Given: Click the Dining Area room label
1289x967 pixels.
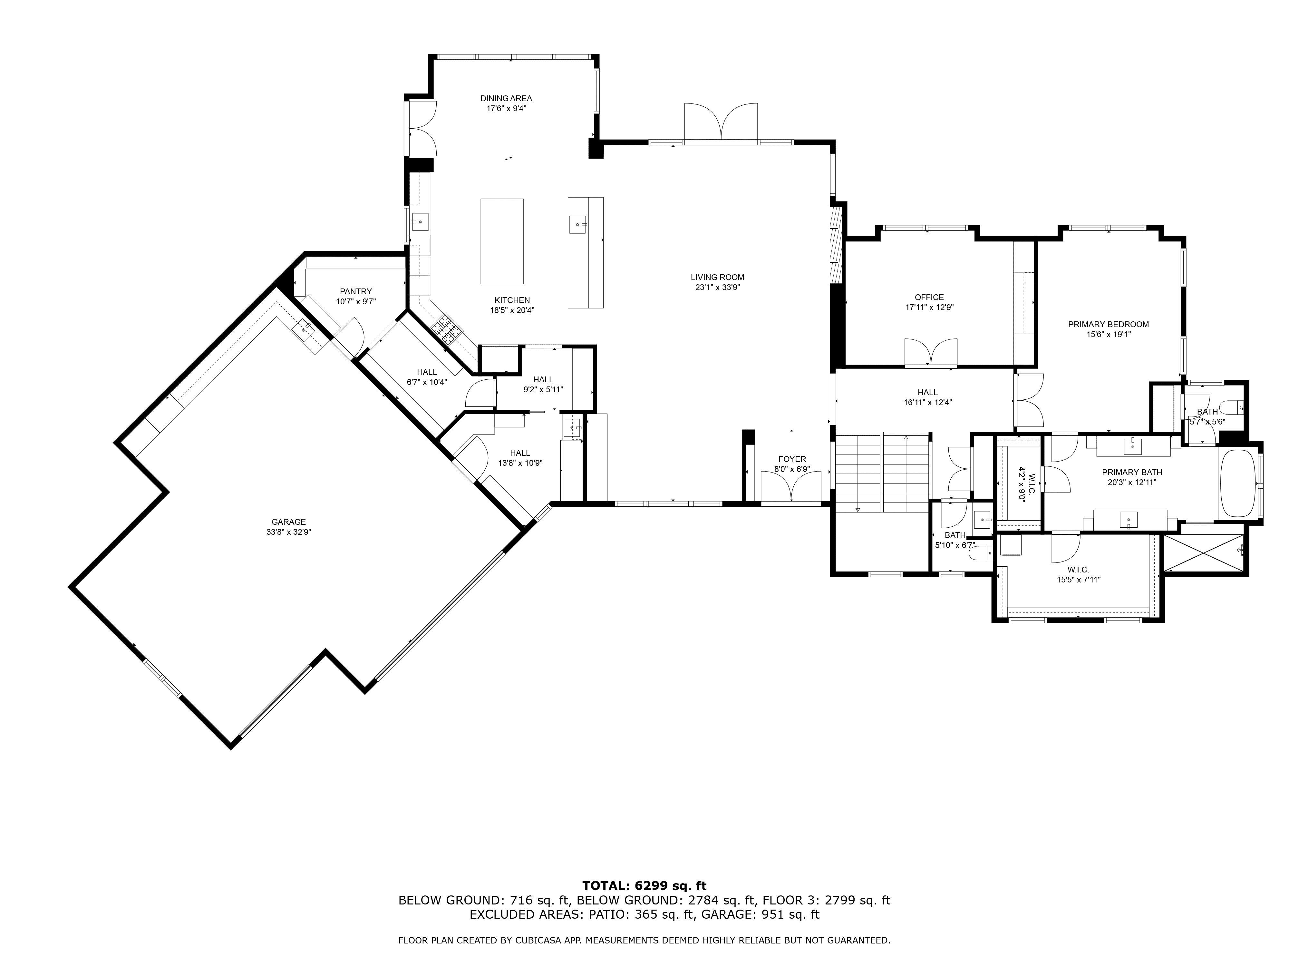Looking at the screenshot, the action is pyautogui.click(x=506, y=99).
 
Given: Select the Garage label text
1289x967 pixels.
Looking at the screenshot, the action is pyautogui.click(x=288, y=522).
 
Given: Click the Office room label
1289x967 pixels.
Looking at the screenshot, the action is pyautogui.click(x=929, y=297).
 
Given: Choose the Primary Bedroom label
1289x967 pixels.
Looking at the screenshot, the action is pyautogui.click(x=1108, y=325).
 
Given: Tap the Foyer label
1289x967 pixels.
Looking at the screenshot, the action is pyautogui.click(x=792, y=459).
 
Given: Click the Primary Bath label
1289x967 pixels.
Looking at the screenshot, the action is pyautogui.click(x=1132, y=472).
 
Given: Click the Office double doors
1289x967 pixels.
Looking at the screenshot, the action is pyautogui.click(x=931, y=353).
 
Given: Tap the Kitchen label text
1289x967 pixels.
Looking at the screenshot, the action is pyautogui.click(x=512, y=300).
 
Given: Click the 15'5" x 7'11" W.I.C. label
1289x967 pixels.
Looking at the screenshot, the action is pyautogui.click(x=1079, y=579).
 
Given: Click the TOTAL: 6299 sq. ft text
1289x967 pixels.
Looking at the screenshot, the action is pyautogui.click(x=644, y=886).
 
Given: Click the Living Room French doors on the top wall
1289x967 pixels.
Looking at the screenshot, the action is pyautogui.click(x=722, y=122).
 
